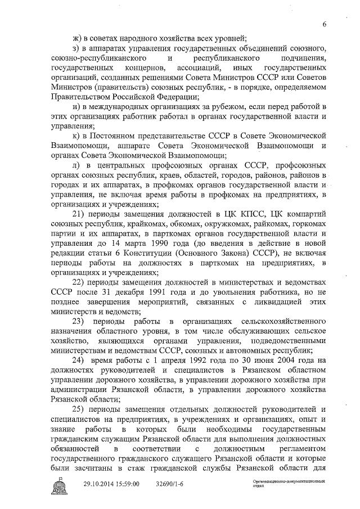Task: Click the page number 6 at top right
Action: (x=325, y=24)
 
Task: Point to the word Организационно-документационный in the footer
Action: (x=287, y=482)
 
